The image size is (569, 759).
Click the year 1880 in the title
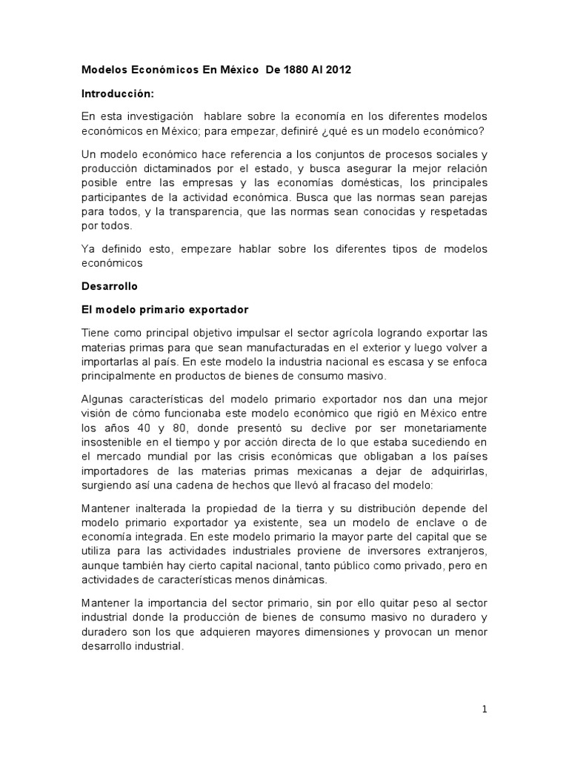click(279, 70)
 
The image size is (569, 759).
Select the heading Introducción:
click(115, 94)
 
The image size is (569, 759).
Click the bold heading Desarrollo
click(109, 285)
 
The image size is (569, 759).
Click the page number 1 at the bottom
click(484, 709)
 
